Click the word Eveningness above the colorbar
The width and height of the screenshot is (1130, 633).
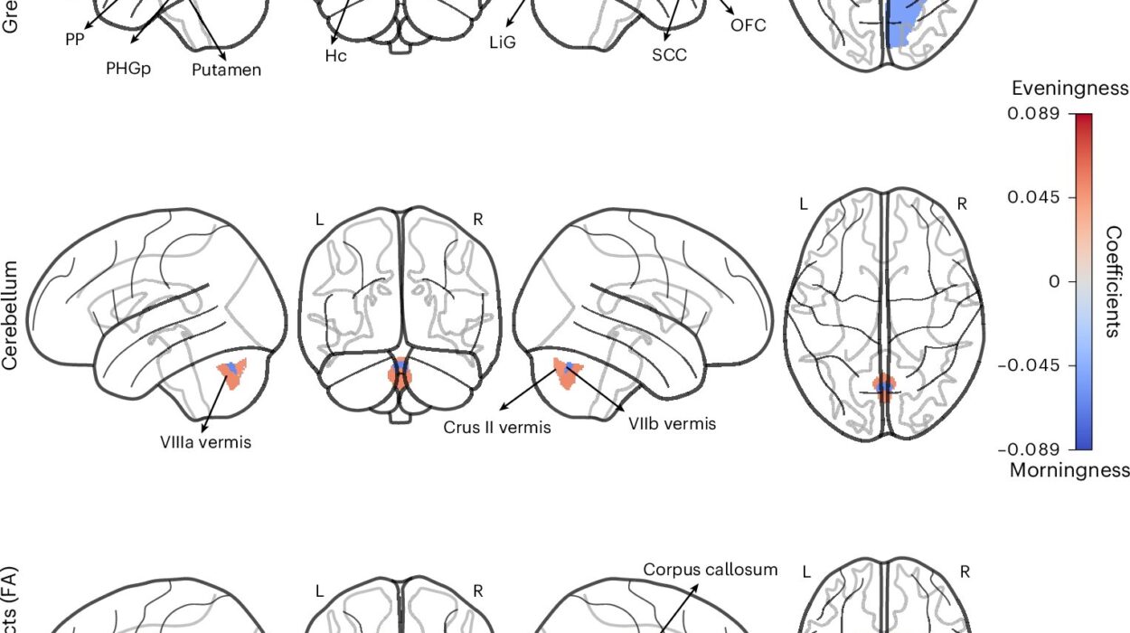1069,88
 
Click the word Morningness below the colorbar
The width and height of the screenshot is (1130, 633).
1069,470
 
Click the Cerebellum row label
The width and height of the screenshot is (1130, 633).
11,315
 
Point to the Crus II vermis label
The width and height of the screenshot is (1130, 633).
496,427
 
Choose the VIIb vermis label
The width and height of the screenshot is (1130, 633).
672,422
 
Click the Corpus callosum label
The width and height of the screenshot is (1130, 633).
711,570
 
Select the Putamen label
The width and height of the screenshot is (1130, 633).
226,69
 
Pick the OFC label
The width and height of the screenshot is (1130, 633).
748,25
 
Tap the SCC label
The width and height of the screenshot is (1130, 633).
669,55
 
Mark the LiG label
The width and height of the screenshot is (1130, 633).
502,42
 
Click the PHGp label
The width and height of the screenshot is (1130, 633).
127,67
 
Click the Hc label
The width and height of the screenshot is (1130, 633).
336,55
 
